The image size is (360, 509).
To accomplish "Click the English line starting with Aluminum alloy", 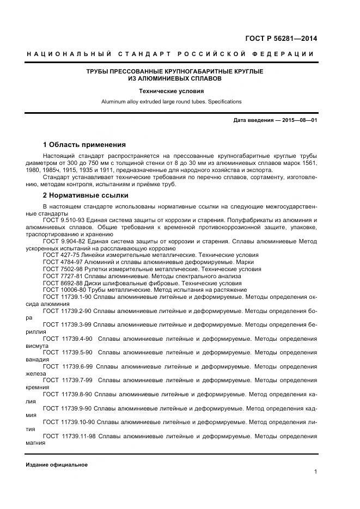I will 171,101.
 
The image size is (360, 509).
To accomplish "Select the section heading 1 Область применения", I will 84,145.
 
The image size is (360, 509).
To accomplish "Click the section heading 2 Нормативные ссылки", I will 86,195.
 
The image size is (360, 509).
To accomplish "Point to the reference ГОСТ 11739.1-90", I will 66,297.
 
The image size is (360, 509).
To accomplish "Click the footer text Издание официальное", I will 57,465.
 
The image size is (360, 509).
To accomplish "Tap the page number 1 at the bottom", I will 315,472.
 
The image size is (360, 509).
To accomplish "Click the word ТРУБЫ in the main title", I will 99,71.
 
